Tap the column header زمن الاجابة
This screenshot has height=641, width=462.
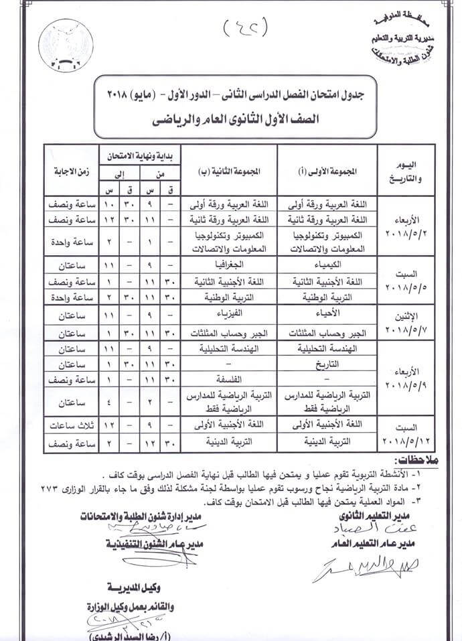70,170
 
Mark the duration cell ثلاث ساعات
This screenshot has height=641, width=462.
70,426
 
